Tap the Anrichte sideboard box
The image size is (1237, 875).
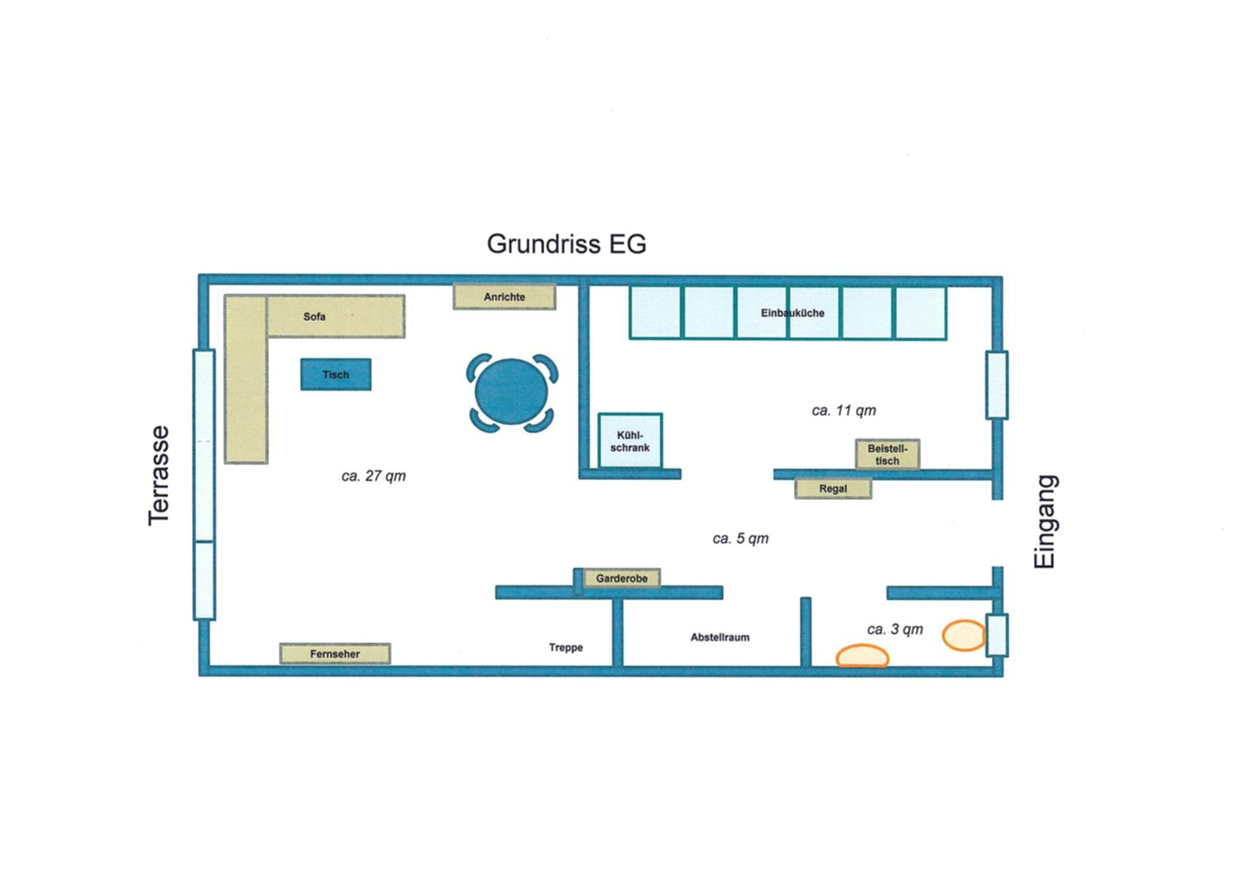pos(504,297)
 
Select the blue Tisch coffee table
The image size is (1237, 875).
pos(336,374)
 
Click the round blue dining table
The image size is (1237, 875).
pos(511,392)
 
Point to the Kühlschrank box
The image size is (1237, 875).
pos(630,441)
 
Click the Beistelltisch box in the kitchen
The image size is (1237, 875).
pos(887,454)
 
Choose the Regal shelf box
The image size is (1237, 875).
pos(833,489)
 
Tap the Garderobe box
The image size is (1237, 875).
pos(622,578)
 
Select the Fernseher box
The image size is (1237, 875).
pos(335,654)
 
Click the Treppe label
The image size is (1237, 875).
pos(566,648)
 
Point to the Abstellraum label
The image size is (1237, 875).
pos(720,637)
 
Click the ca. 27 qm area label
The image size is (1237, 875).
pos(373,476)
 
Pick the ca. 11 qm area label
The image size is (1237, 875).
pos(844,411)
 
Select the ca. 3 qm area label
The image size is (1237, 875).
pos(895,629)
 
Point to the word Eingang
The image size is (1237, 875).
pos(1045,522)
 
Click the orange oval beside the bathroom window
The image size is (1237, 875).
pos(964,636)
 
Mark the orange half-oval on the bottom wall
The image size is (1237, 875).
pos(862,656)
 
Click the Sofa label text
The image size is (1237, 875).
pos(314,317)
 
